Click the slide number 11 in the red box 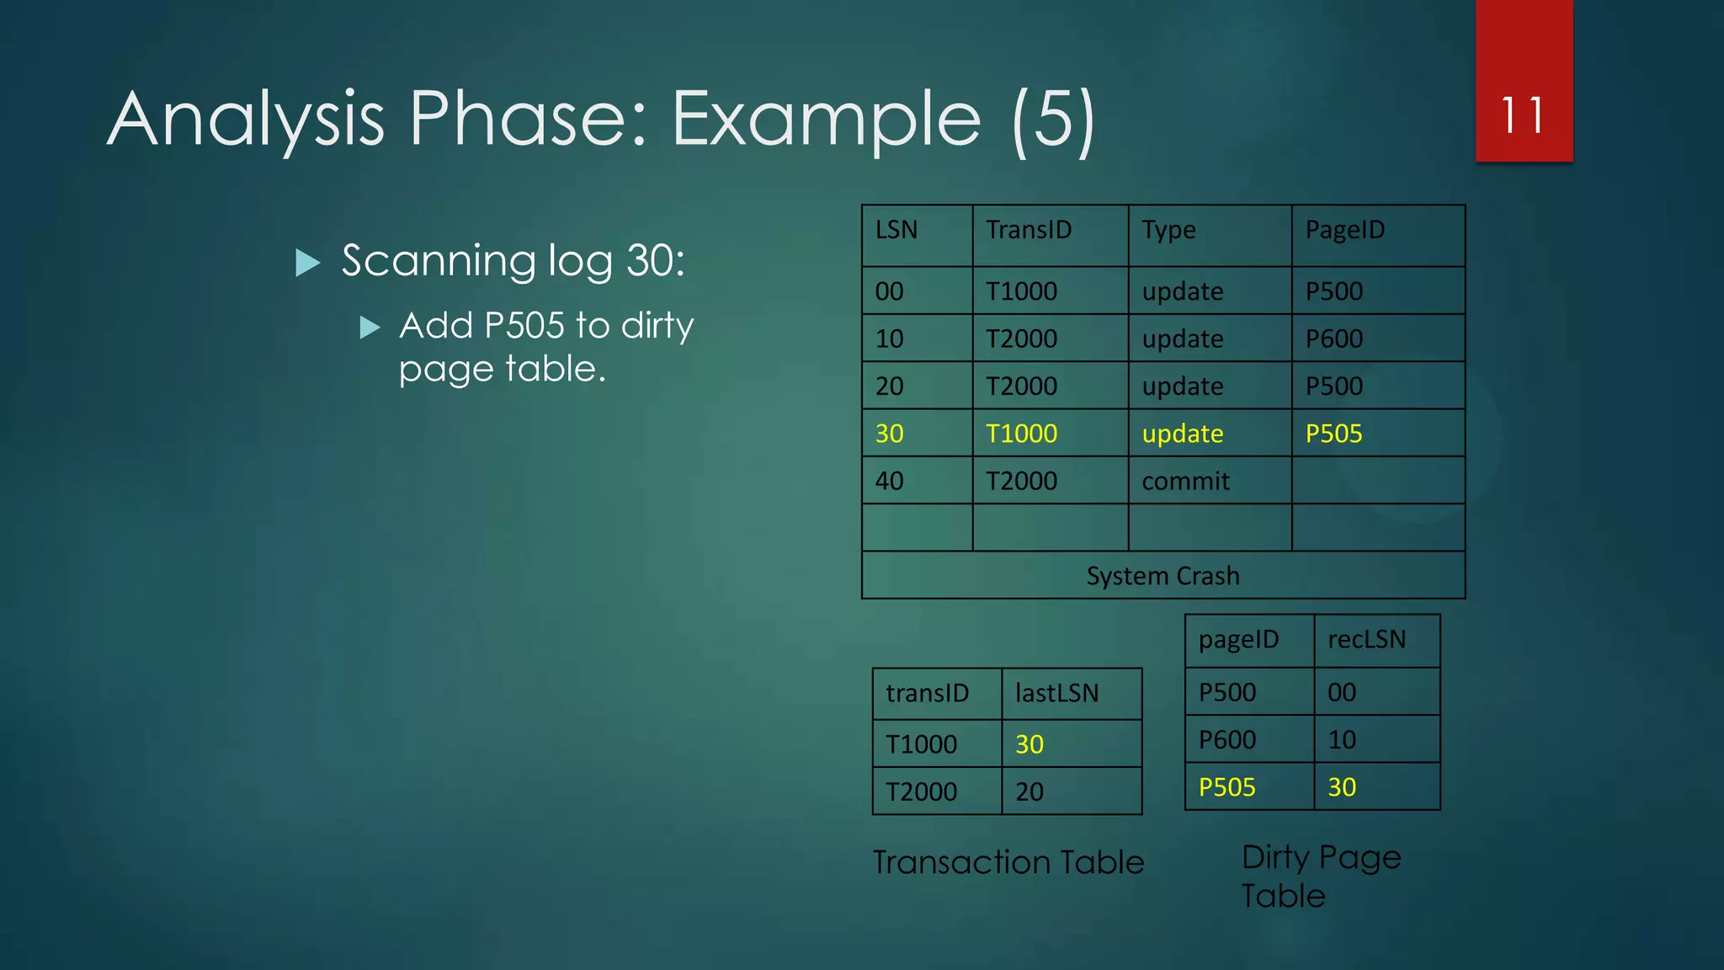[1523, 115]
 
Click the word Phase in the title [527, 119]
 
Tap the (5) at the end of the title [1054, 119]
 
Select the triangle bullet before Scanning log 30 [308, 263]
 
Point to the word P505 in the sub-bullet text [524, 326]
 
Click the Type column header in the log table [1168, 230]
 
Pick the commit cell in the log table [1185, 481]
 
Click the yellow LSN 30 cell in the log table [889, 434]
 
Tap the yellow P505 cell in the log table [1333, 434]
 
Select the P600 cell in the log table [1333, 338]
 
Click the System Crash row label [1163, 576]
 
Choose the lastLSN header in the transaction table [1056, 693]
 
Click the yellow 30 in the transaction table [1029, 744]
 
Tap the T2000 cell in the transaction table [921, 791]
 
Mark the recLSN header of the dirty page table [1366, 640]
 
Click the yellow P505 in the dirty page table [1226, 787]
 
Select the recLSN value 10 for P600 [1341, 739]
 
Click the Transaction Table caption [1008, 862]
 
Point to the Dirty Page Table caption [1320, 876]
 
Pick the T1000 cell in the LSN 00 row [1021, 291]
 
